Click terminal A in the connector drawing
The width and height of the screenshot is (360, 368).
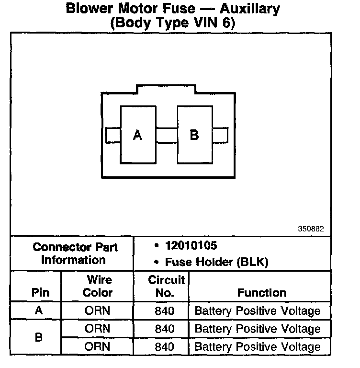(x=138, y=135)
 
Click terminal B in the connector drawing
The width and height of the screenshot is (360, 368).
(x=194, y=135)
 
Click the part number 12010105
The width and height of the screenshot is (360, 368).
(x=191, y=246)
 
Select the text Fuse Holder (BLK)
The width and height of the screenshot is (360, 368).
(x=216, y=262)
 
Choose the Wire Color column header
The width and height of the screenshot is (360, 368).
(x=98, y=286)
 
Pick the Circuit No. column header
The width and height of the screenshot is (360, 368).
(x=166, y=286)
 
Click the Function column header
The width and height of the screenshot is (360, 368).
(x=261, y=292)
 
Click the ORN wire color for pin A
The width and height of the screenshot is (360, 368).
(x=97, y=310)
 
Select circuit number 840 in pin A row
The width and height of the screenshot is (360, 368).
(x=165, y=310)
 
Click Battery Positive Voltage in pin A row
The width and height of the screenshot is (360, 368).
(x=258, y=310)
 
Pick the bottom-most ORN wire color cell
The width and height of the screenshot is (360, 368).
(x=97, y=346)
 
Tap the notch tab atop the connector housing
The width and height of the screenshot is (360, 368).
(x=166, y=89)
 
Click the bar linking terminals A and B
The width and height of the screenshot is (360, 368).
(x=166, y=135)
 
